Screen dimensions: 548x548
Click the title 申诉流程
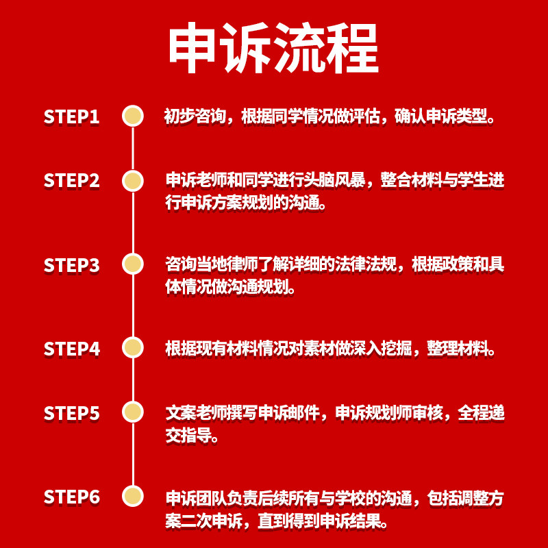pos(273,49)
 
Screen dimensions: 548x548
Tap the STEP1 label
pos(72,116)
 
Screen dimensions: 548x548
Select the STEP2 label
pos(72,181)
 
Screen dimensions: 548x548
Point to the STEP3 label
pos(72,265)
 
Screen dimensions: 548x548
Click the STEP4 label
pos(72,349)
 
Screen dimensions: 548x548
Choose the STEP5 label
pos(72,413)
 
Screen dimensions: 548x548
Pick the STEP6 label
pos(72,497)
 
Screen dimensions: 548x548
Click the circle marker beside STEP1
pos(132,116)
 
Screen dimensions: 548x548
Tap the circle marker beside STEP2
pos(132,180)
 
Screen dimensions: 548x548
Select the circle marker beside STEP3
pos(132,264)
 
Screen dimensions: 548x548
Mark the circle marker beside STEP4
pos(132,347)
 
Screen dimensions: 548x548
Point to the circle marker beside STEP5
pos(132,412)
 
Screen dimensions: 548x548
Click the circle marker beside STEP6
pos(132,495)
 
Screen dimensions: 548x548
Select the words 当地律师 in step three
pos(231,264)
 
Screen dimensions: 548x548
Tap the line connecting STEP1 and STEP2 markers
pos(132,148)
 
